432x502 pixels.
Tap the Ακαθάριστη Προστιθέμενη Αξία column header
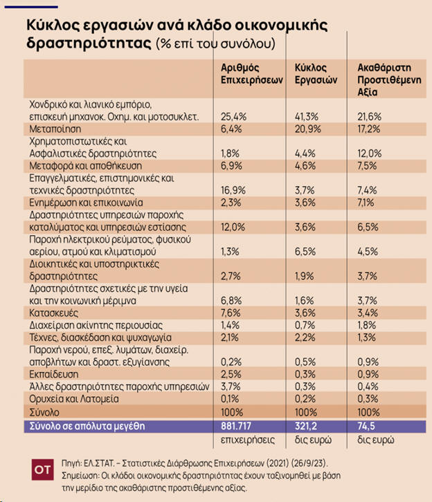(384, 80)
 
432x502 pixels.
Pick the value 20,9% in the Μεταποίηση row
(307, 129)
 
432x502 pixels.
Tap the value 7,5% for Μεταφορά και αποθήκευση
(367, 166)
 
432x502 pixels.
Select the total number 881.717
(239, 425)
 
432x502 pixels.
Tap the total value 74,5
(368, 425)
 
